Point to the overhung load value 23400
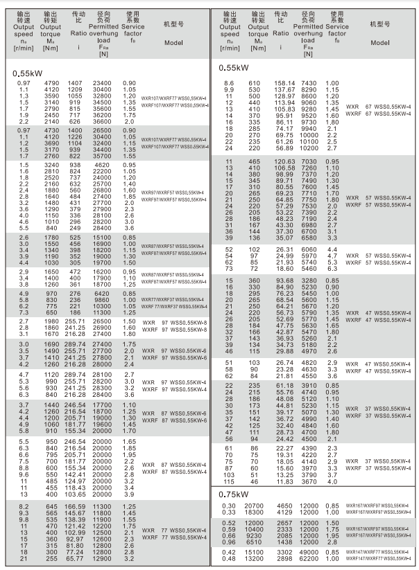(x=103, y=84)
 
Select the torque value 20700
(x=255, y=508)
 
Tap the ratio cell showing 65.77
(x=75, y=558)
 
